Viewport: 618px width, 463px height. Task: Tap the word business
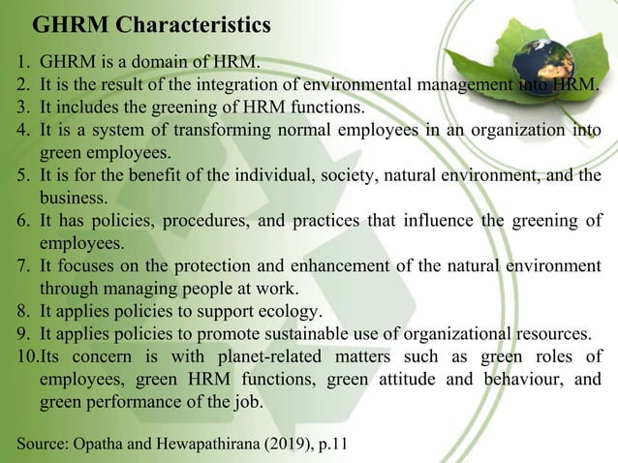pos(73,198)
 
